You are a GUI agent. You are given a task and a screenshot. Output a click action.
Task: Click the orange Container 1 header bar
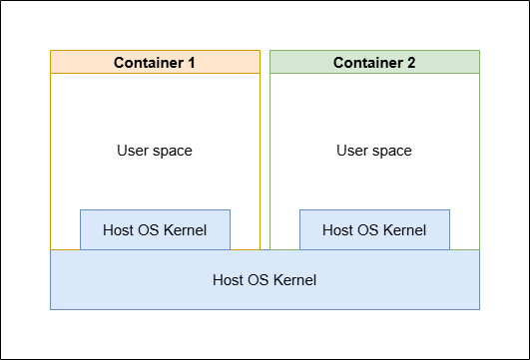[x=155, y=62]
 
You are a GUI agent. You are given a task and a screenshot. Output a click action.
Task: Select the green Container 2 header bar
[x=374, y=62]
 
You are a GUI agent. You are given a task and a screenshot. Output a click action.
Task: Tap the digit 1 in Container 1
[x=192, y=63]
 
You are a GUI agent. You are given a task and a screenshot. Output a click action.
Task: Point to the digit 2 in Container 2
[x=411, y=63]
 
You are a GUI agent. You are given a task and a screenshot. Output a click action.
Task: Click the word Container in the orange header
[x=149, y=63]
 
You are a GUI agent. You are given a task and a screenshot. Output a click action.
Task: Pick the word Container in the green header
[x=368, y=63]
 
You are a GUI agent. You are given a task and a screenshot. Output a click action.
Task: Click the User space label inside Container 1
[x=155, y=151]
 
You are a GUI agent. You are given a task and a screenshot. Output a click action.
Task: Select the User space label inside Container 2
[x=374, y=151]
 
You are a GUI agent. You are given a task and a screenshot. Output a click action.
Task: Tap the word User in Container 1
[x=133, y=151]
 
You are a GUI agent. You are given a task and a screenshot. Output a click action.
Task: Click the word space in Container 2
[x=392, y=152]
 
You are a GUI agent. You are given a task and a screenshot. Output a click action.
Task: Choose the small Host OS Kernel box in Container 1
[x=155, y=229]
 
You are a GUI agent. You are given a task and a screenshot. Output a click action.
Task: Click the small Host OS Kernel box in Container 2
[x=374, y=229]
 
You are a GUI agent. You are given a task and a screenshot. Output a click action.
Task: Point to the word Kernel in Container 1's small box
[x=185, y=230]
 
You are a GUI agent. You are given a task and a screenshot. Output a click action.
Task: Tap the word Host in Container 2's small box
[x=337, y=230]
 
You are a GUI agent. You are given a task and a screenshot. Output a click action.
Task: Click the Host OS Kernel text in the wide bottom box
[x=265, y=280]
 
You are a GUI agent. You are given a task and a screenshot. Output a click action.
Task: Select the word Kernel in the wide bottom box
[x=294, y=280]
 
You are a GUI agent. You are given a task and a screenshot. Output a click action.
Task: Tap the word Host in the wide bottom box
[x=228, y=280]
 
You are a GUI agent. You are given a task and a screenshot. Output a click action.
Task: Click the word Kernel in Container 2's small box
[x=404, y=230]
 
